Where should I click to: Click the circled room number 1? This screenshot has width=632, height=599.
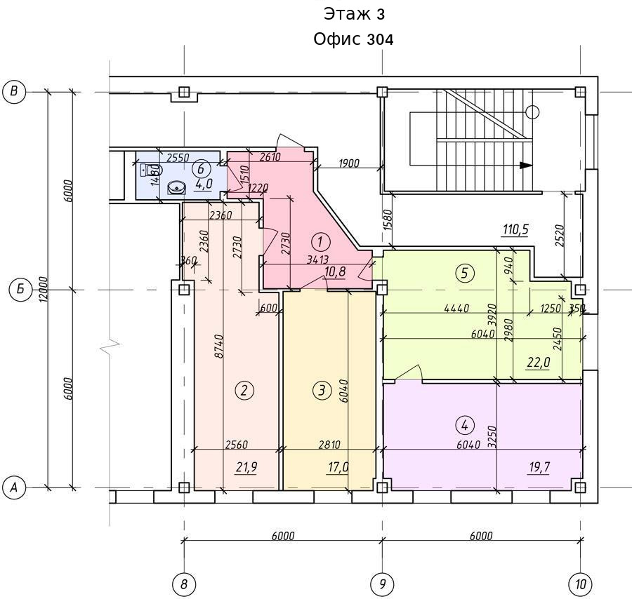pyautogui.click(x=321, y=243)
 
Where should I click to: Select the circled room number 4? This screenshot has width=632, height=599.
pyautogui.click(x=465, y=426)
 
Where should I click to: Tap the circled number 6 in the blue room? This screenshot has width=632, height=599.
pyautogui.click(x=201, y=168)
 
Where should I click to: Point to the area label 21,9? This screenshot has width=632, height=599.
pyautogui.click(x=246, y=467)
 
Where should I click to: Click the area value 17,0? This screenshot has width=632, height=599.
pyautogui.click(x=338, y=467)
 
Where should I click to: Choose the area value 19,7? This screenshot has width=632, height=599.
pyautogui.click(x=539, y=467)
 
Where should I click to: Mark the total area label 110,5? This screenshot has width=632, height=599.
pyautogui.click(x=515, y=229)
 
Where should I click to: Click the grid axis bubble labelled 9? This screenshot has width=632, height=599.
pyautogui.click(x=383, y=584)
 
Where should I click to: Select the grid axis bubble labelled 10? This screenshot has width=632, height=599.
pyautogui.click(x=581, y=584)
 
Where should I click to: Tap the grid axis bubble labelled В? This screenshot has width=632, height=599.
pyautogui.click(x=14, y=91)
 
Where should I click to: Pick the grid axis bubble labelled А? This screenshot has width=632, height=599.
pyautogui.click(x=14, y=487)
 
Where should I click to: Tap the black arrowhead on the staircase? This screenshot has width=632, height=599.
pyautogui.click(x=525, y=165)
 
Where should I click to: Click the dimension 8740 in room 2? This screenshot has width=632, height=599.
pyautogui.click(x=219, y=346)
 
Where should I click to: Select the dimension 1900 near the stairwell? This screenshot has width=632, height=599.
pyautogui.click(x=348, y=163)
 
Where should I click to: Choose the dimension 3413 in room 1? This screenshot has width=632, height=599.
pyautogui.click(x=317, y=260)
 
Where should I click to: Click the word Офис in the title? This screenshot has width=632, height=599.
pyautogui.click(x=338, y=39)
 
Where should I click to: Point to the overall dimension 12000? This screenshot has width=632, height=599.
pyautogui.click(x=44, y=289)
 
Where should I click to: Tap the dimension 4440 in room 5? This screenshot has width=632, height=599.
pyautogui.click(x=456, y=309)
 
